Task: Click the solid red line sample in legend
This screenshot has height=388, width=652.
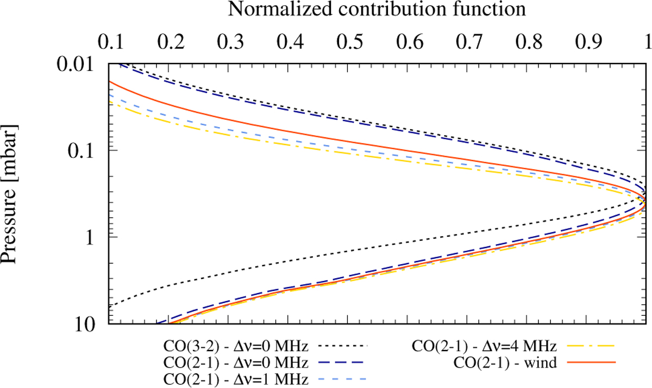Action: click(x=596, y=362)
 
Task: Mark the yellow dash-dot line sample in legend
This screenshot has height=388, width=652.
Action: click(x=596, y=346)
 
